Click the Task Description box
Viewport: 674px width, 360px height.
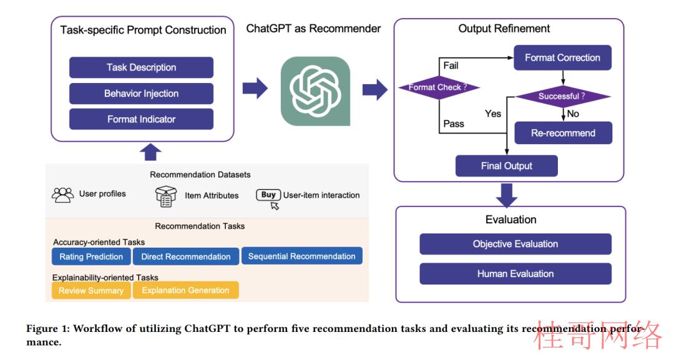142,67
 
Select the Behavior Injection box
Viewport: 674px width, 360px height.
142,94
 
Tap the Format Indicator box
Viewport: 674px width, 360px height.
142,119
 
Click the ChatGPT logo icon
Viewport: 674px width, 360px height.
316,91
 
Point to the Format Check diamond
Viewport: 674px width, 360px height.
439,87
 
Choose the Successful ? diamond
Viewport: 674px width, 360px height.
563,96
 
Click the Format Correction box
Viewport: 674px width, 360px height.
563,57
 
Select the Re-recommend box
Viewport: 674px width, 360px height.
564,133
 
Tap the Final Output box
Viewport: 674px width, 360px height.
507,166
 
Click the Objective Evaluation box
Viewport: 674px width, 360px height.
515,244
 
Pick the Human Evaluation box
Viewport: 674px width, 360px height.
515,274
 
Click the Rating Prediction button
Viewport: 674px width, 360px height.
91,256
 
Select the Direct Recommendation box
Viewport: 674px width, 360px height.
186,256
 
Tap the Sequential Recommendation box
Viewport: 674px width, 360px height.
302,256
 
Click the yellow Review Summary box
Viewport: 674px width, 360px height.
91,290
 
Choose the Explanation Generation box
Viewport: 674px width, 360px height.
186,290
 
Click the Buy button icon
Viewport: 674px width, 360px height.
268,195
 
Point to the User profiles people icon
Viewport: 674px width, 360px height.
63,195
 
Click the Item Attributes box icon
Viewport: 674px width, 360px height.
166,197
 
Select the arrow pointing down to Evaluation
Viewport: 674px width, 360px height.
507,195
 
